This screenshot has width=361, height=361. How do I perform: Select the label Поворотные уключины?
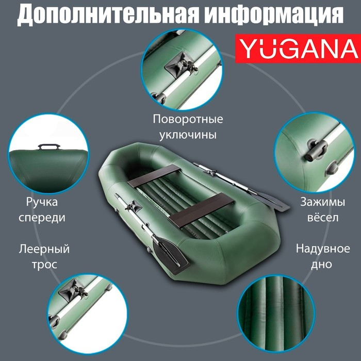coord(188,127)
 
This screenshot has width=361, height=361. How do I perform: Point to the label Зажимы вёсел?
coord(319,209)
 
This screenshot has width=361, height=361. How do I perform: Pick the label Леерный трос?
coord(44,256)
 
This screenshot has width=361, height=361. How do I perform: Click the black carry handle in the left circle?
coord(51,147)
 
